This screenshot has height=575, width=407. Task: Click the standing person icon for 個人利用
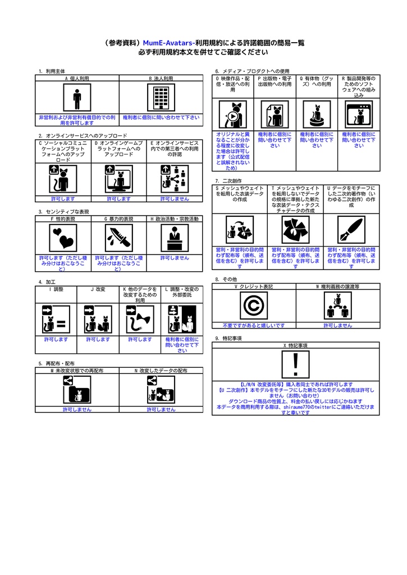click(x=77, y=97)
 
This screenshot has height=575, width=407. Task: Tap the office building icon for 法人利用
click(x=161, y=97)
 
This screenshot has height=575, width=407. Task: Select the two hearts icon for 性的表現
click(x=63, y=238)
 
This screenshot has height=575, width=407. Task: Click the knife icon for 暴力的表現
click(x=119, y=238)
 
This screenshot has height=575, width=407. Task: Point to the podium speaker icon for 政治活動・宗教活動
click(x=175, y=238)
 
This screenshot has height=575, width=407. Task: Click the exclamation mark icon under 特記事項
click(x=295, y=364)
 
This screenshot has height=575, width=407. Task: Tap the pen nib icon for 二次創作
click(x=351, y=230)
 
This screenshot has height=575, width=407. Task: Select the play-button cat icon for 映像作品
click(x=233, y=115)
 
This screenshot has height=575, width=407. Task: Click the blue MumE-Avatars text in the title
click(x=169, y=43)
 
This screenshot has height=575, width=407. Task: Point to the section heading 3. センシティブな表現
click(x=64, y=212)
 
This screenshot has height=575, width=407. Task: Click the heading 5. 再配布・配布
click(x=57, y=363)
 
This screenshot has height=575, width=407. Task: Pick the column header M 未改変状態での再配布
click(x=77, y=371)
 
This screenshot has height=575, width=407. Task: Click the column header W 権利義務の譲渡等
click(x=338, y=286)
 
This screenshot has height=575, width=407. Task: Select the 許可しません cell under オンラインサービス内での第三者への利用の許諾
click(x=175, y=199)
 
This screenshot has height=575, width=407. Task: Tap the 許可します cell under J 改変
click(x=98, y=340)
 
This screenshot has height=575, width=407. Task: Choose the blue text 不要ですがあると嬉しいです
click(x=254, y=325)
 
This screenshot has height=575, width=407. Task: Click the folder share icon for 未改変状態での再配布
click(x=77, y=390)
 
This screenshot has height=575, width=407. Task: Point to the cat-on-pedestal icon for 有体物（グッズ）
click(x=317, y=115)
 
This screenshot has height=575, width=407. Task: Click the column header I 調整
click(x=56, y=289)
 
